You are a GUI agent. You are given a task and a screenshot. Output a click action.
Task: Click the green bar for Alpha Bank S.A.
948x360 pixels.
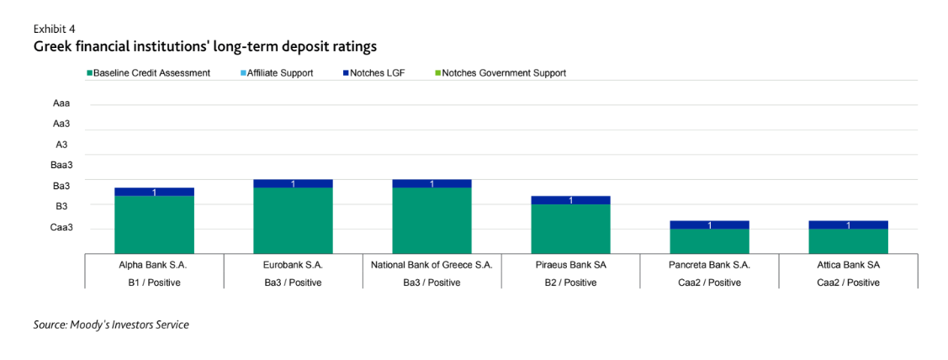coord(154,224)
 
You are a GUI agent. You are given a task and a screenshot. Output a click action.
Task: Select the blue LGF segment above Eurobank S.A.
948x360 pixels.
coord(293,183)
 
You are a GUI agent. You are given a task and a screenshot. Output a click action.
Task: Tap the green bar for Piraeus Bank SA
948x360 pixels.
coord(570,228)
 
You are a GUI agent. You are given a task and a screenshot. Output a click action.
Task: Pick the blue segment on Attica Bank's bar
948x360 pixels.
coord(848,225)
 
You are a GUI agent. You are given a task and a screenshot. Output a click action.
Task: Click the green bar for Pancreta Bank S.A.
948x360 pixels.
coord(709,241)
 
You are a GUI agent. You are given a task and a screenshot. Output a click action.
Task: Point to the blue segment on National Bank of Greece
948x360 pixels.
coord(432,183)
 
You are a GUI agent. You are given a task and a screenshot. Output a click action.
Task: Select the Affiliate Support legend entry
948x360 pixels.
coord(279,73)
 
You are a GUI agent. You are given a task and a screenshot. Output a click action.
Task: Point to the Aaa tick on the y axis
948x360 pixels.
coord(61,103)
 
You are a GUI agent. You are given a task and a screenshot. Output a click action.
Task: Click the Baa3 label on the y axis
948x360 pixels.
coord(61,165)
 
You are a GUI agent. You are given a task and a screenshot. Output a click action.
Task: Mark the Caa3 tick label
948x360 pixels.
coord(61,227)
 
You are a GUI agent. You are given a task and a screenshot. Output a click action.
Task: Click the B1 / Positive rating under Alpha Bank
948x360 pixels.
coord(154,283)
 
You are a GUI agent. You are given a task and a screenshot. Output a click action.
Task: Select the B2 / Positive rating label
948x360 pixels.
coord(570,283)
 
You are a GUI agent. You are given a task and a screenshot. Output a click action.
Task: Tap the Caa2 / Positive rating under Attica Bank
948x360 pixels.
coord(848,283)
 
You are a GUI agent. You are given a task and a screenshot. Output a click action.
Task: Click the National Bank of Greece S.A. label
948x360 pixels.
coord(432,264)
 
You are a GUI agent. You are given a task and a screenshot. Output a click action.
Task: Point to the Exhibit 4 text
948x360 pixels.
coord(55,29)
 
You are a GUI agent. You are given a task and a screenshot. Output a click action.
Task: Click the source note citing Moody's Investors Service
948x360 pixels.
coord(111,325)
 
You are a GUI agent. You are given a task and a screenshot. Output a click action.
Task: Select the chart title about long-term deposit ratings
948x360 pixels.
coord(204,45)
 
